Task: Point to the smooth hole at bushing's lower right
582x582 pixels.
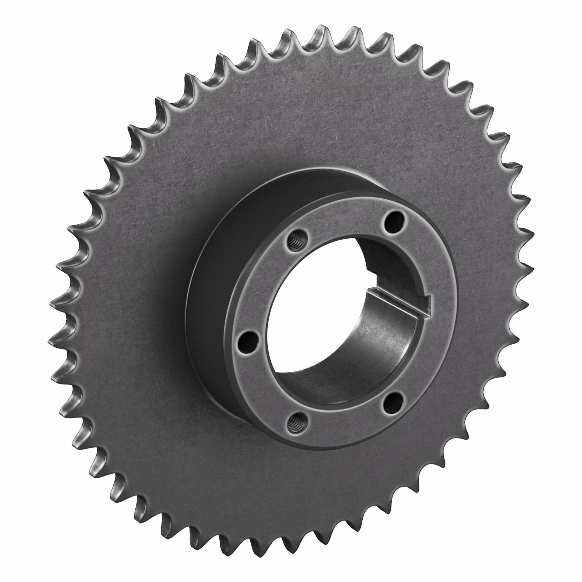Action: point(391,401)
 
